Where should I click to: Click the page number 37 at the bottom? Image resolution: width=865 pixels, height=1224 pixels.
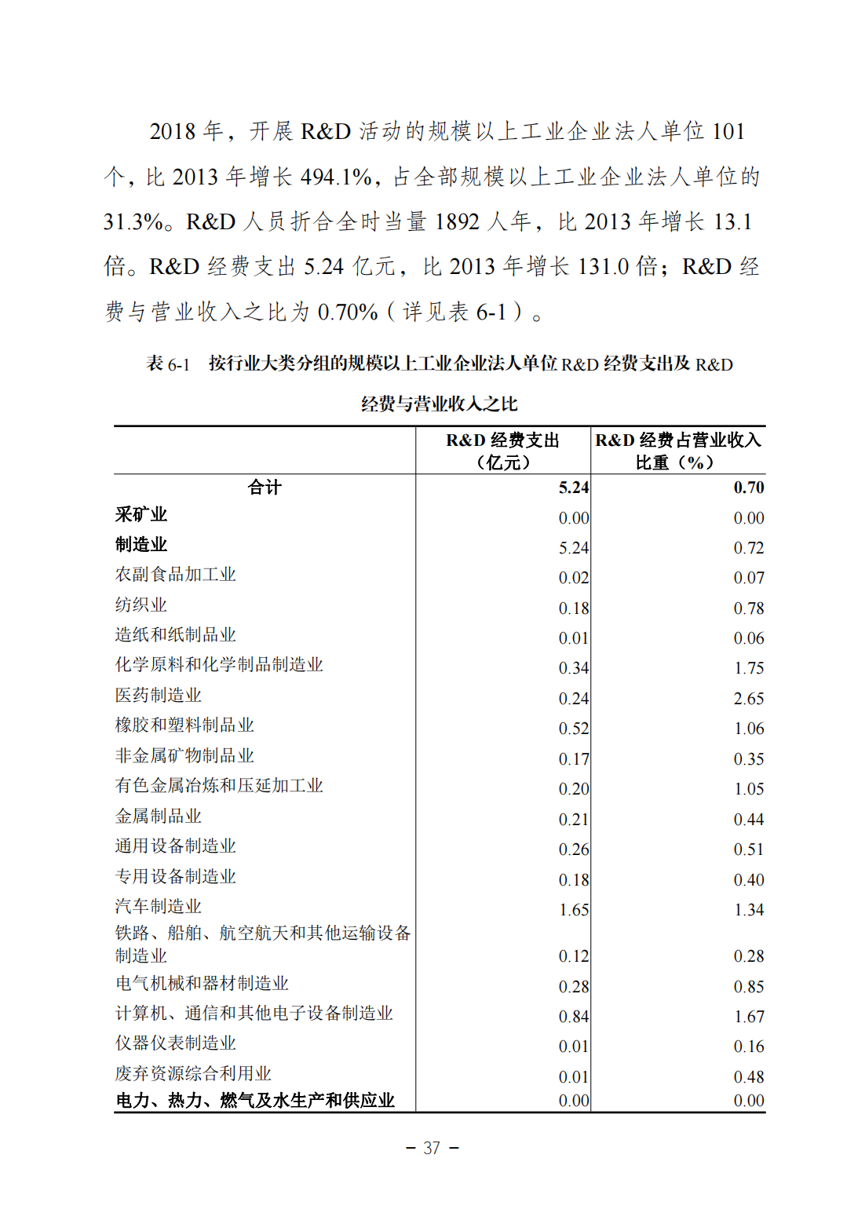tap(432, 1148)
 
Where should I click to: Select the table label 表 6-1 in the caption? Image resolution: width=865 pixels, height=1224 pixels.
tap(168, 364)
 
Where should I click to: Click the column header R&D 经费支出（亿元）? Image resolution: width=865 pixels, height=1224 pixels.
tap(502, 451)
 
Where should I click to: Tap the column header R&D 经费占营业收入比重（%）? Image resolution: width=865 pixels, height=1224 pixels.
tap(677, 451)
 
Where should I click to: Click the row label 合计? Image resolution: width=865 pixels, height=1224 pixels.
tap(265, 488)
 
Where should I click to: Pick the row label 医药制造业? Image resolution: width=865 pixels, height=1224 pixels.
tap(159, 696)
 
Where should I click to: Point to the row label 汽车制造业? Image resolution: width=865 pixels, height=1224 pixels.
tap(159, 907)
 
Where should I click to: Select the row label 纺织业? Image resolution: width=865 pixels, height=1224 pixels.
tap(141, 605)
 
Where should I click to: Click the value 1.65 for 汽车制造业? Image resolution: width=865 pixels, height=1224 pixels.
tap(574, 910)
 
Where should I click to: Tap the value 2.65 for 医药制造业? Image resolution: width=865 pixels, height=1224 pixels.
tap(749, 699)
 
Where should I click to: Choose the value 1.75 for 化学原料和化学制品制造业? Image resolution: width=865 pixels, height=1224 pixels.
tap(749, 668)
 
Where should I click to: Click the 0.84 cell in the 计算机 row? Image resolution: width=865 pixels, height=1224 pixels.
tap(574, 1017)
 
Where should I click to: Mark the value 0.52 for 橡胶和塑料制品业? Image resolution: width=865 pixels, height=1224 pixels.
tap(574, 729)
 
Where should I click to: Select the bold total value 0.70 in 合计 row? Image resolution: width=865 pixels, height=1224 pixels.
tap(749, 488)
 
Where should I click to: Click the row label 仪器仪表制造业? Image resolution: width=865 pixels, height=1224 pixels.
tap(176, 1043)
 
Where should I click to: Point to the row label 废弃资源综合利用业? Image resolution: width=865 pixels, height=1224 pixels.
tap(193, 1074)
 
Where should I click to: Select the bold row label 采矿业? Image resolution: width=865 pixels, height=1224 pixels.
tap(141, 515)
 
